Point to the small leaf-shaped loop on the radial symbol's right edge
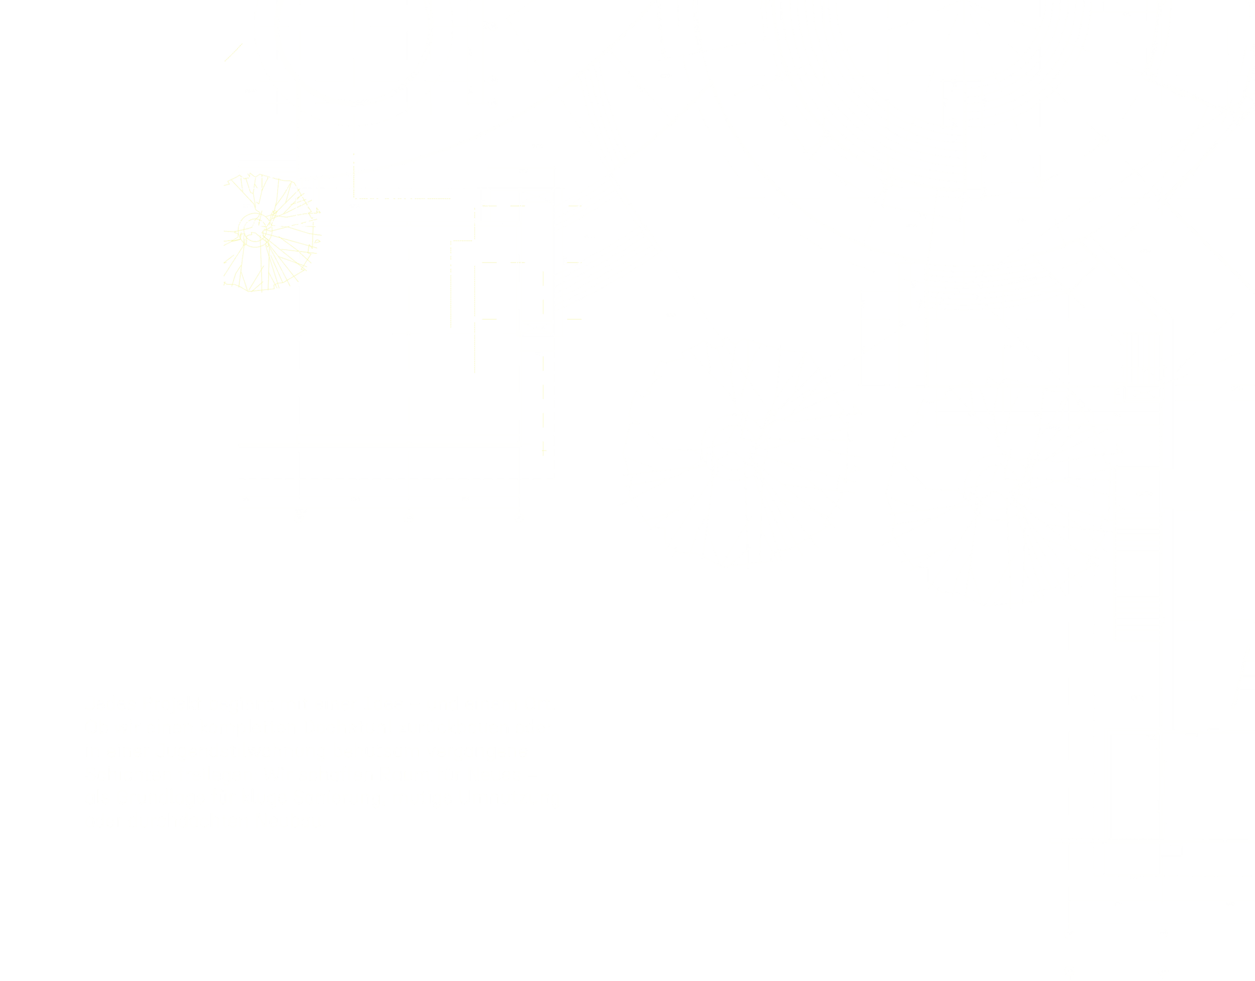tap(317, 241)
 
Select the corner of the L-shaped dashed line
tap(354, 198)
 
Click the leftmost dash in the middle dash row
tap(489, 263)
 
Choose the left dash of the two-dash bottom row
tap(489, 319)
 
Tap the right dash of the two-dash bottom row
tap(574, 319)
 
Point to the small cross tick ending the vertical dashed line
tap(543, 451)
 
